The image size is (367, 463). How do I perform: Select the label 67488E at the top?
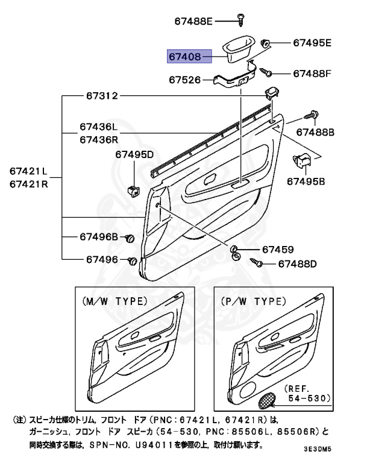click(194, 21)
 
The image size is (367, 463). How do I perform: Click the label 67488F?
click(313, 74)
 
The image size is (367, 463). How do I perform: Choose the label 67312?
click(101, 96)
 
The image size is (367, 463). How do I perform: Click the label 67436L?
click(98, 128)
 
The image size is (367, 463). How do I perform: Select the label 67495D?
click(134, 155)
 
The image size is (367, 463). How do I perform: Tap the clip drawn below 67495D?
click(134, 190)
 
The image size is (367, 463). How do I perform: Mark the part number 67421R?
click(28, 184)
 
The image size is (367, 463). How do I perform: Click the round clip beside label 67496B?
click(129, 239)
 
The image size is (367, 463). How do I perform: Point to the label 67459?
click(277, 250)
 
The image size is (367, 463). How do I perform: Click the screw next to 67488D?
click(257, 263)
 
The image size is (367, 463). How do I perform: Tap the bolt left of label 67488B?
click(312, 115)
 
